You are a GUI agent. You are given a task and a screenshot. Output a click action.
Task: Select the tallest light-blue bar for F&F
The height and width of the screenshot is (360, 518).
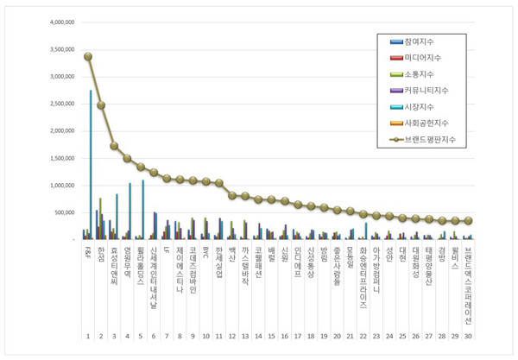tap(91, 164)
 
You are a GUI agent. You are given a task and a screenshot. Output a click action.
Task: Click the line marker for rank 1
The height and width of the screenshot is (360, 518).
tap(88, 56)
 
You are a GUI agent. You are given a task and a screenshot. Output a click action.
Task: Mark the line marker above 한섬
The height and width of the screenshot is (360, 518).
tap(101, 105)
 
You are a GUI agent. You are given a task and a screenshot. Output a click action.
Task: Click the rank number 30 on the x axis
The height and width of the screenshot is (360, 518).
tap(468, 336)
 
